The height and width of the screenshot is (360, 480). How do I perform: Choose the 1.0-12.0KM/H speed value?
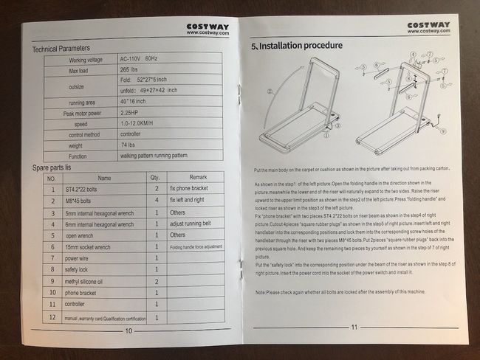click(x=142, y=124)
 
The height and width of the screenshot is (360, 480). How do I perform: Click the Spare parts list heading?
click(x=59, y=168)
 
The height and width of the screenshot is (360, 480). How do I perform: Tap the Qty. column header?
click(x=155, y=178)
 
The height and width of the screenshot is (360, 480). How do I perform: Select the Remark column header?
click(x=197, y=178)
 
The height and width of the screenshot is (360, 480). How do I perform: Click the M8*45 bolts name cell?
click(x=81, y=200)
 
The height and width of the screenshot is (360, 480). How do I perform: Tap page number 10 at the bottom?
click(x=128, y=330)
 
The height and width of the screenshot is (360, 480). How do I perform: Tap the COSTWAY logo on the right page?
click(x=430, y=27)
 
